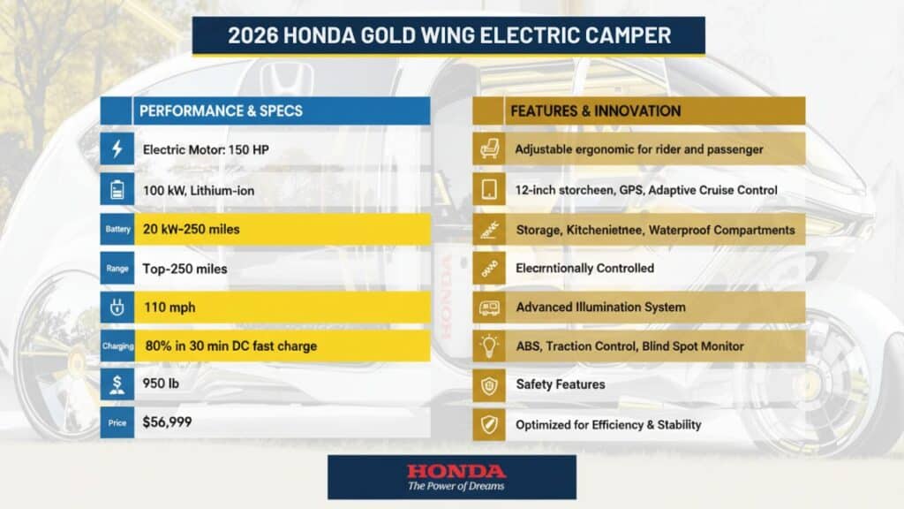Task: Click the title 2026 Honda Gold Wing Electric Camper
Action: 449,36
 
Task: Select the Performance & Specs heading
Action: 221,111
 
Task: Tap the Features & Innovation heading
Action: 595,111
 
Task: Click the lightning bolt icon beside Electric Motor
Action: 117,149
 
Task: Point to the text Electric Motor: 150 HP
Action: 206,149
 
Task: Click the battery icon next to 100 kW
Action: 117,189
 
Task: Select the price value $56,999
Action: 167,422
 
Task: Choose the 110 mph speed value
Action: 169,308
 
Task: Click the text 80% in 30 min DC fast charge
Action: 230,346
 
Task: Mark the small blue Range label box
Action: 117,268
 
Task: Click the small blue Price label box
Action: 117,423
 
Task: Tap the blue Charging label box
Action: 117,346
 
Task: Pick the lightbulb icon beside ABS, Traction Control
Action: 488,346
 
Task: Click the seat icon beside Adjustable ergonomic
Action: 488,149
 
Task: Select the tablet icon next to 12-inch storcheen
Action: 488,189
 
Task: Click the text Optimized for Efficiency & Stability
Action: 608,424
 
